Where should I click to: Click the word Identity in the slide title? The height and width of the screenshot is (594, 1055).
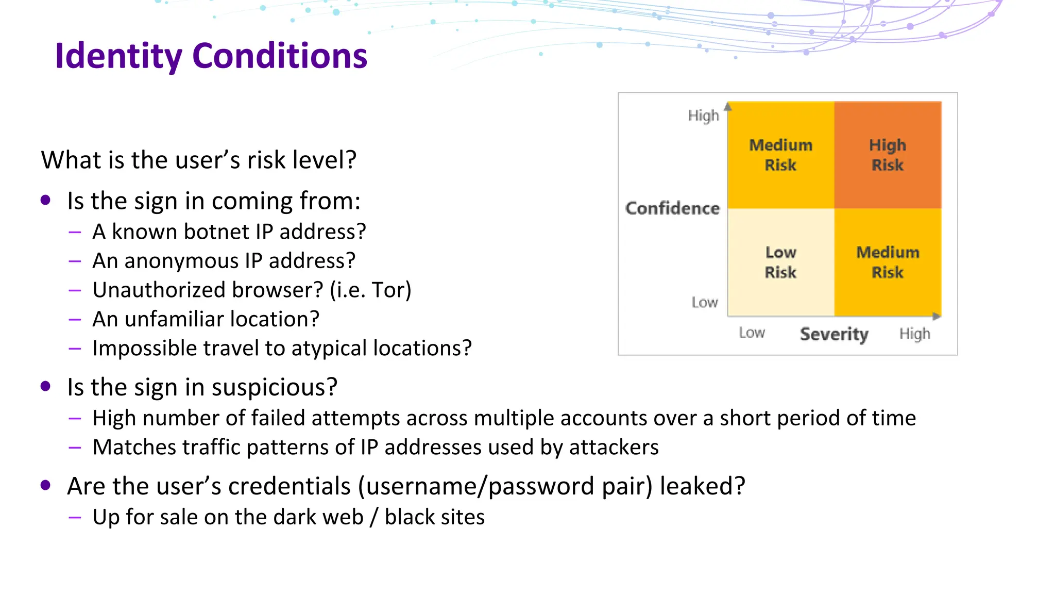click(118, 56)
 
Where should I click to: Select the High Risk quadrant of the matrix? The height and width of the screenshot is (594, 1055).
click(887, 155)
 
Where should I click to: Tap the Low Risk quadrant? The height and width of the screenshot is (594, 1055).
click(780, 262)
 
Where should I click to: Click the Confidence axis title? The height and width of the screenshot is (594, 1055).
click(672, 208)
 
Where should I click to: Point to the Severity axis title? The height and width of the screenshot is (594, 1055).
click(834, 334)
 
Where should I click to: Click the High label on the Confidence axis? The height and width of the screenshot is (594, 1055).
click(703, 115)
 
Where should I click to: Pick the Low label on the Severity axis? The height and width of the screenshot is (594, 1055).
click(752, 333)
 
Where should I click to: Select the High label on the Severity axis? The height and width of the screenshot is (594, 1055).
click(915, 334)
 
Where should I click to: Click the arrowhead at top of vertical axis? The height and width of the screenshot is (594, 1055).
click(728, 107)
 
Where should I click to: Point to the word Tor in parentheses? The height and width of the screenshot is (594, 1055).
click(388, 290)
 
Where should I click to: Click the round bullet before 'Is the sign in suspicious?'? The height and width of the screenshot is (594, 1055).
click(45, 386)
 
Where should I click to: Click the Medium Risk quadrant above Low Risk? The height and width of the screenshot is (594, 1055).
click(780, 155)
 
